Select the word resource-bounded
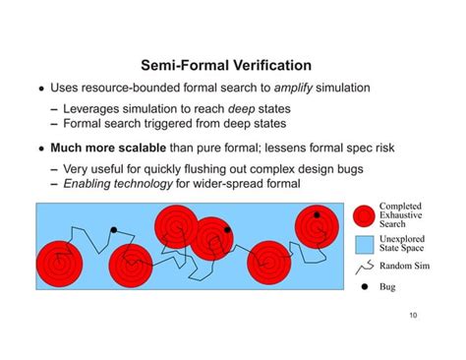tap(132, 89)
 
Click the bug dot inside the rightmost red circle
tap(317, 213)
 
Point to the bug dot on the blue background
tap(113, 230)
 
